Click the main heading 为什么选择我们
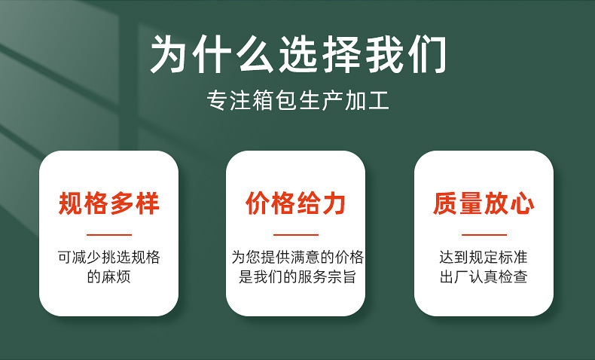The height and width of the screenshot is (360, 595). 298,54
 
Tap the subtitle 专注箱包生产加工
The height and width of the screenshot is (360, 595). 298,100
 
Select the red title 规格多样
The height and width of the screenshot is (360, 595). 108,203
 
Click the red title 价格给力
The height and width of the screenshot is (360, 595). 295,203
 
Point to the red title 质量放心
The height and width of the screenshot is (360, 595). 484,203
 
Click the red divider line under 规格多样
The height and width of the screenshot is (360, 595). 109,235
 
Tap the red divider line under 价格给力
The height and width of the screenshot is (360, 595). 295,235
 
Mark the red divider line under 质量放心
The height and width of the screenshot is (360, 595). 484,235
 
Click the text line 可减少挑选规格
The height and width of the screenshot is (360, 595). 109,258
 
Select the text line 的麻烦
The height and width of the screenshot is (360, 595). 109,276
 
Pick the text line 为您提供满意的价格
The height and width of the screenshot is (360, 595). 297,258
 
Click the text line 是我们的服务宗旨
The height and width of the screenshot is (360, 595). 297,276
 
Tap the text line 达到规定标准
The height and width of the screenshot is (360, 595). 484,258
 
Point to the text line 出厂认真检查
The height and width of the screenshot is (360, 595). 484,276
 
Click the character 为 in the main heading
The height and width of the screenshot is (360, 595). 168,54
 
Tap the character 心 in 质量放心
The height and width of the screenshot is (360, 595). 523,203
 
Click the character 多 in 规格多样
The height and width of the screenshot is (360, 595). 121,203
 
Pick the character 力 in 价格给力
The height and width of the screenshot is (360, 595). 334,203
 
